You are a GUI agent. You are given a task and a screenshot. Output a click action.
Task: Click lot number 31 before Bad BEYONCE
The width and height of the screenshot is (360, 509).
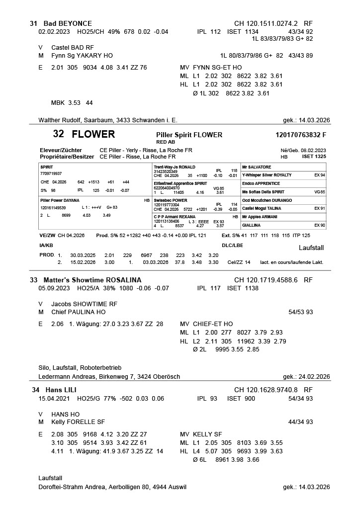tap(34, 23)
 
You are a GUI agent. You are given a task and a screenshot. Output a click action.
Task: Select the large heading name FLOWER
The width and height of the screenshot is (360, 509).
tap(93, 134)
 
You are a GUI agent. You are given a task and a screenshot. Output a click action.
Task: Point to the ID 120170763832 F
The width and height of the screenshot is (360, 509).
tap(300, 135)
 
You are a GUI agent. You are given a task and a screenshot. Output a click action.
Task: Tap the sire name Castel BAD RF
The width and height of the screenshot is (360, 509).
tap(72, 47)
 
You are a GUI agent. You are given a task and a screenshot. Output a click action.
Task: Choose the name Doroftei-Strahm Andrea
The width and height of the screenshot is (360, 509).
tap(72, 487)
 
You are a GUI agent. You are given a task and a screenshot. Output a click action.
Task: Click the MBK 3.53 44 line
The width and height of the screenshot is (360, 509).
tap(72, 103)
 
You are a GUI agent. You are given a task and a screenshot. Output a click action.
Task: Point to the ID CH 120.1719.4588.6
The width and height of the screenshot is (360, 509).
tap(266, 280)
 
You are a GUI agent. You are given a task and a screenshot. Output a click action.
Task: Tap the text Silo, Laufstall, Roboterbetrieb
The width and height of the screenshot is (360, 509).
tap(76, 368)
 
